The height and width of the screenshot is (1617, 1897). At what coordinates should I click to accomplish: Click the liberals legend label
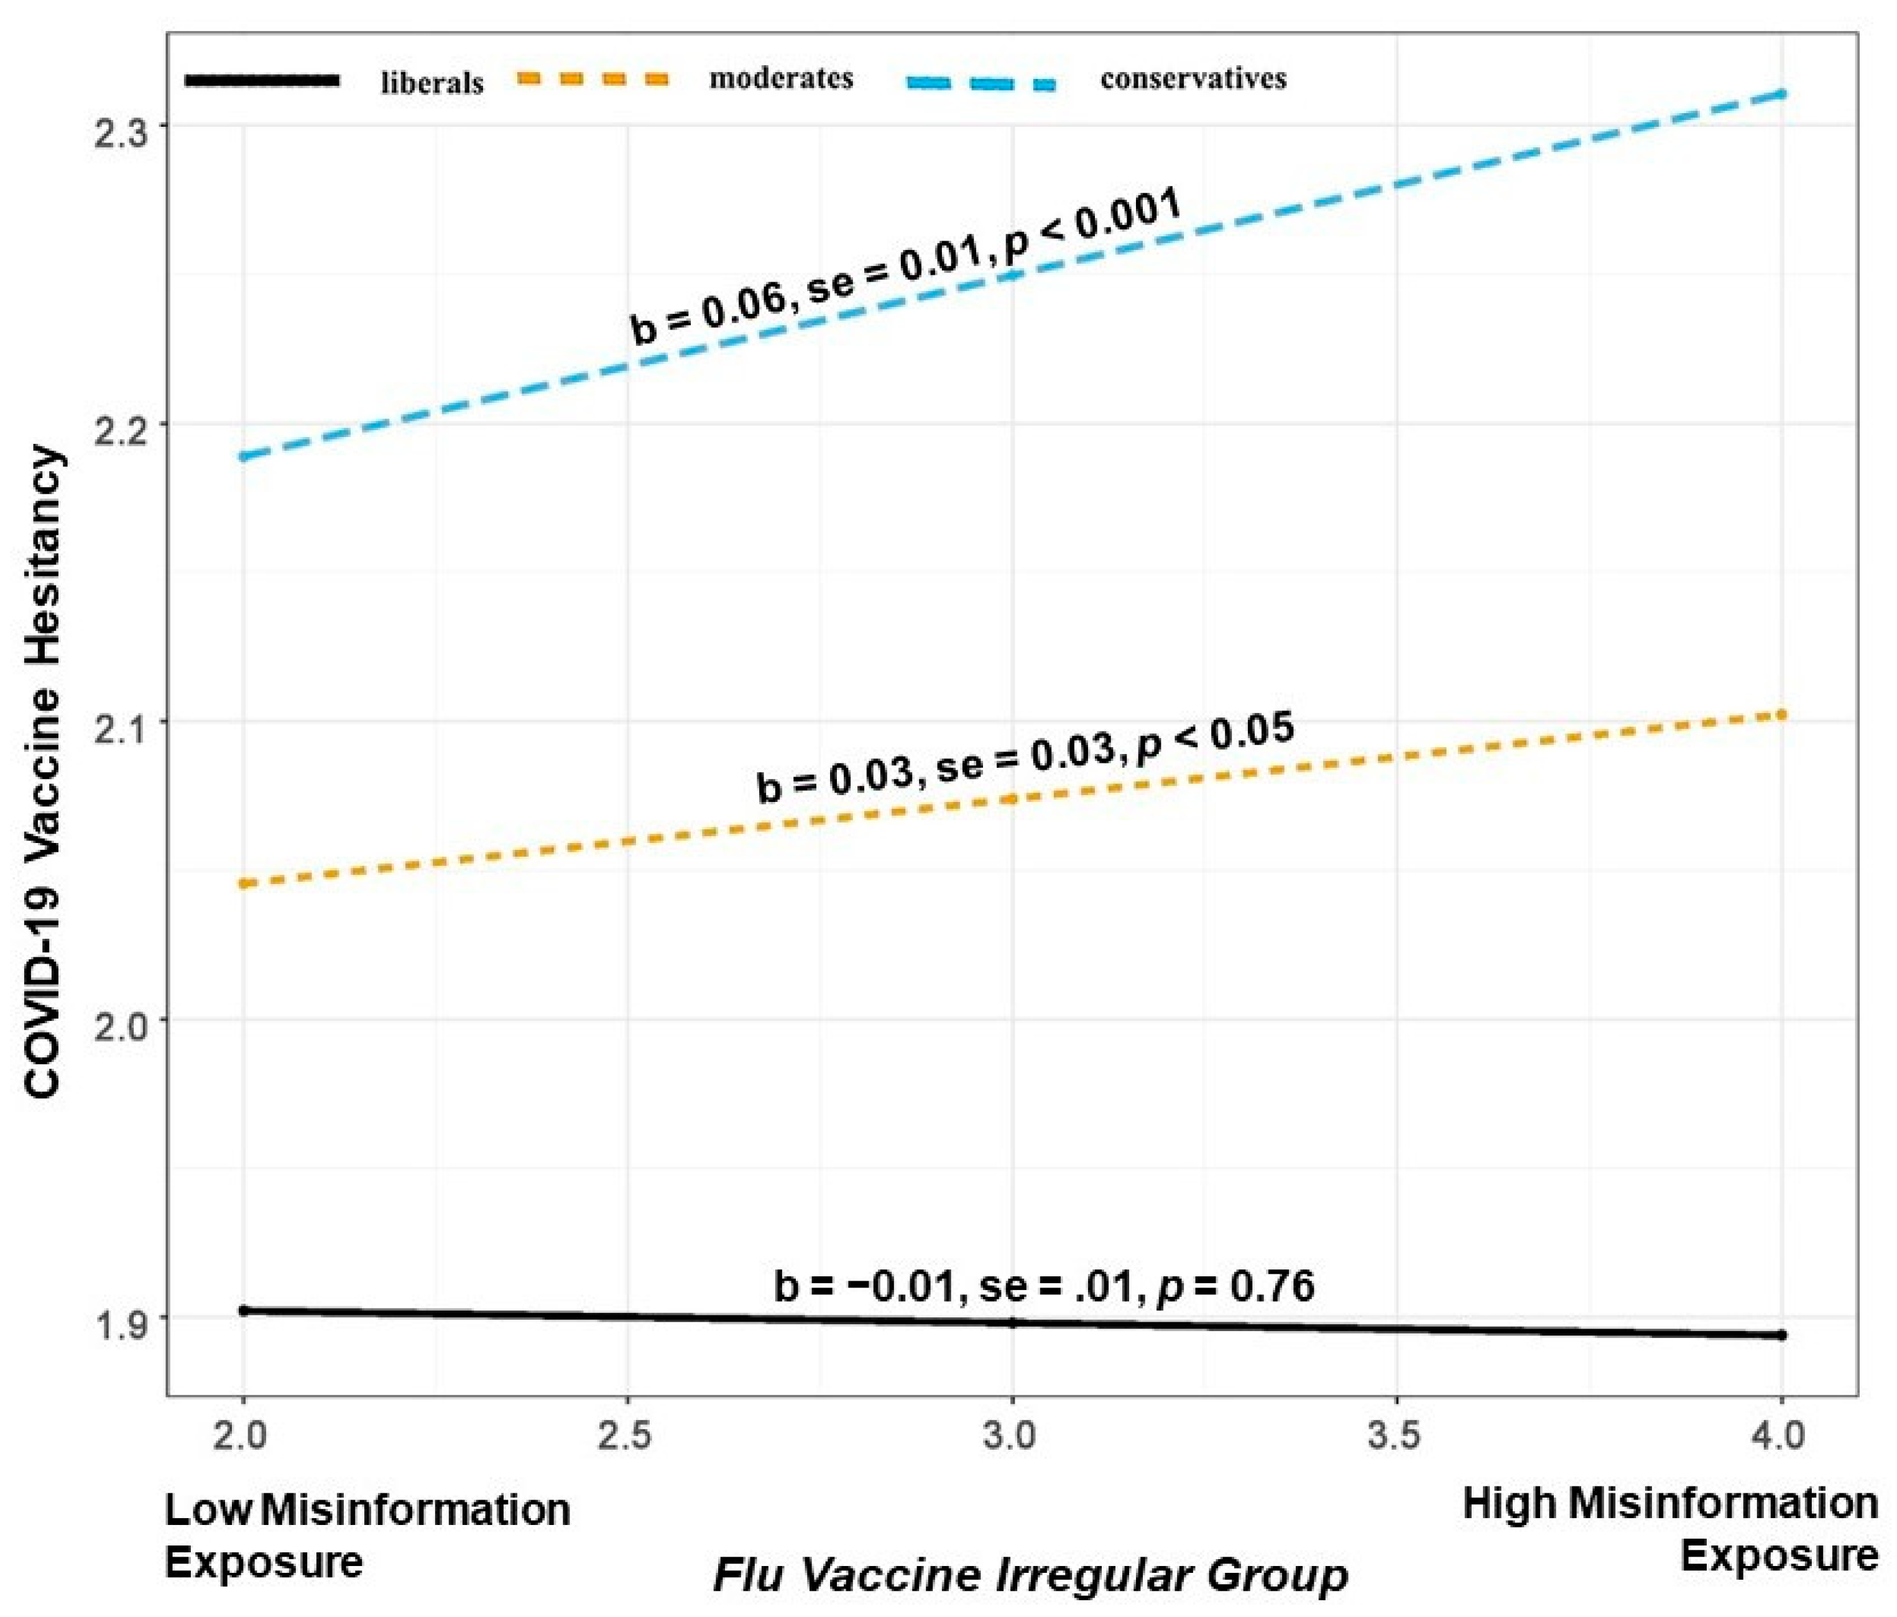click(432, 83)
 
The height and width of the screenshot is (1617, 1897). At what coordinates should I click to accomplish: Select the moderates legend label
click(781, 79)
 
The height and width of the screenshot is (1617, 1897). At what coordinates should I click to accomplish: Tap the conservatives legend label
click(1193, 79)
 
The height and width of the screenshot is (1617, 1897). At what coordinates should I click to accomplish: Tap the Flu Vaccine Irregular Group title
click(1030, 1575)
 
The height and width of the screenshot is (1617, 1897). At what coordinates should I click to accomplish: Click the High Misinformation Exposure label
click(1670, 1530)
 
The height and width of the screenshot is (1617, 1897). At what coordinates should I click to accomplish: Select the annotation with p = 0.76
click(1044, 1286)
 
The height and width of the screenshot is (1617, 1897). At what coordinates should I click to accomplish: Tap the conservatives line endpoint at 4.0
click(1781, 93)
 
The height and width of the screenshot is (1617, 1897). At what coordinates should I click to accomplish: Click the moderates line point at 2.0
click(244, 883)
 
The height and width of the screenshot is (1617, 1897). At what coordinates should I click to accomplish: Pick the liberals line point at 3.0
click(1012, 1323)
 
